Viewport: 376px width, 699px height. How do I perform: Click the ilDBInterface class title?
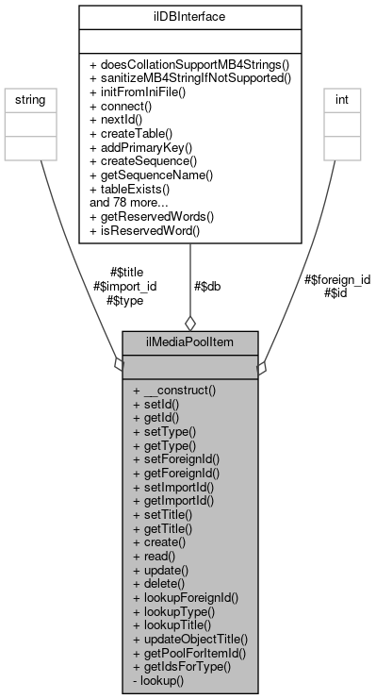[x=190, y=16]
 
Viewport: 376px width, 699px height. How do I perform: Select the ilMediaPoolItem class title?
[x=189, y=341]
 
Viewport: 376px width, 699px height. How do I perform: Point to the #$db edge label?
[x=207, y=286]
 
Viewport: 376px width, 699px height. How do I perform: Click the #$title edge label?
[x=125, y=273]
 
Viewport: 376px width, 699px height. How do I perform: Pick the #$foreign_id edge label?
[x=338, y=279]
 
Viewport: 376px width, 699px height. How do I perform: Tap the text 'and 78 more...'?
[x=128, y=201]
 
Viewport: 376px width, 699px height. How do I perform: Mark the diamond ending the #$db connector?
[x=189, y=322]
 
